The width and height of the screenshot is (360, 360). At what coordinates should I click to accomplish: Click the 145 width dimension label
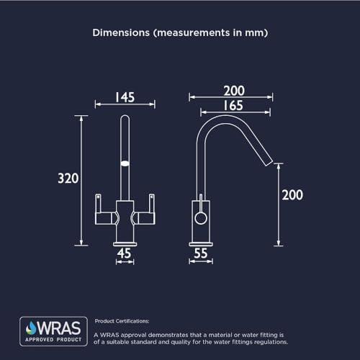125,97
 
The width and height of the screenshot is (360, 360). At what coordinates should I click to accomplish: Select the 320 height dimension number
68,179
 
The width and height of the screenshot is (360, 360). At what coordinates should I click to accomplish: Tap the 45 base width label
124,253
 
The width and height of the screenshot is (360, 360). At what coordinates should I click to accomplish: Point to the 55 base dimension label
200,253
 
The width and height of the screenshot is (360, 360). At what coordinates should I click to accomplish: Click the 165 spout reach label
233,106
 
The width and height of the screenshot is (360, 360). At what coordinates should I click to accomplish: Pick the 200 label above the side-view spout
234,91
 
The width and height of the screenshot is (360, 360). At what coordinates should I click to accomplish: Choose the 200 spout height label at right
292,195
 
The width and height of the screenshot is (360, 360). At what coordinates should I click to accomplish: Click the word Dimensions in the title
121,32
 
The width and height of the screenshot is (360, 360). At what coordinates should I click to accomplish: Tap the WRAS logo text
59,328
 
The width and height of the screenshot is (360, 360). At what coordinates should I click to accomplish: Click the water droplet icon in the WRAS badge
31,328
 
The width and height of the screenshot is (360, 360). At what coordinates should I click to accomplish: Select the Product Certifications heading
122,321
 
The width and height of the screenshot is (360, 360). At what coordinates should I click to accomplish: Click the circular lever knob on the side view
201,218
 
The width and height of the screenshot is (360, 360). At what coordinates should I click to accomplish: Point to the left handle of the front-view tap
105,210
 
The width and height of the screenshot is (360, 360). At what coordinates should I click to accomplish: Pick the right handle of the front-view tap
144,210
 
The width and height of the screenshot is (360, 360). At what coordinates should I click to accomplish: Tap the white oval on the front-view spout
125,163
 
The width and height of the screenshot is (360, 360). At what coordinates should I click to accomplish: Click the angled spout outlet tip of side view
269,163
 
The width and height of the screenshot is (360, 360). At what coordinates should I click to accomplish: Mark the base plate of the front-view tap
125,244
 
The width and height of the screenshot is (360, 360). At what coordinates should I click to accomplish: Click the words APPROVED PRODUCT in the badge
53,340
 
